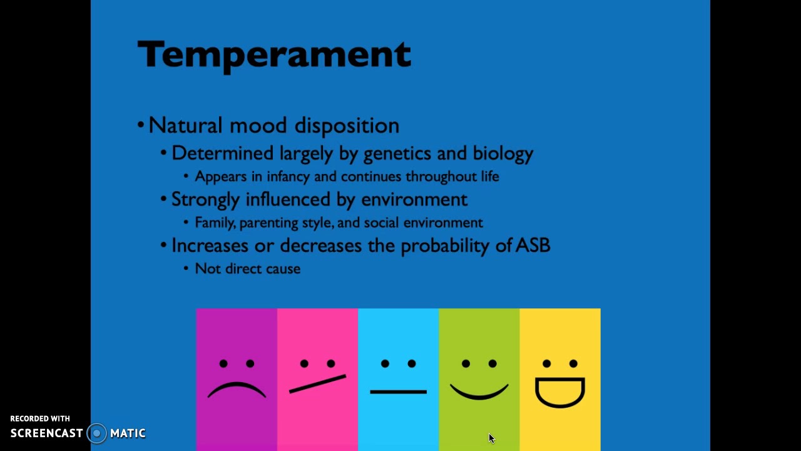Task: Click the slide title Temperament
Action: coord(274,54)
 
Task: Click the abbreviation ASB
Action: coord(533,246)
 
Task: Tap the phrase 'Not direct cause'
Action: coord(247,269)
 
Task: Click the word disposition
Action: coord(347,125)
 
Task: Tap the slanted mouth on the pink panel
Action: coord(317,383)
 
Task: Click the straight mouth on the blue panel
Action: coord(398,391)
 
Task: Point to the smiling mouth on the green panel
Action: coord(479,393)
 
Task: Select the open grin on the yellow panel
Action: coord(560,392)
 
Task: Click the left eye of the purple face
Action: coord(223,364)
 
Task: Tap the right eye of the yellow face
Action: coord(573,364)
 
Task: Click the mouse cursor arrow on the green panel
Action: coord(491,438)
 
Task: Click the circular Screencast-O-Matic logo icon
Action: coord(97,433)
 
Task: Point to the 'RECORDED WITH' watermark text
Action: coord(40,418)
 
